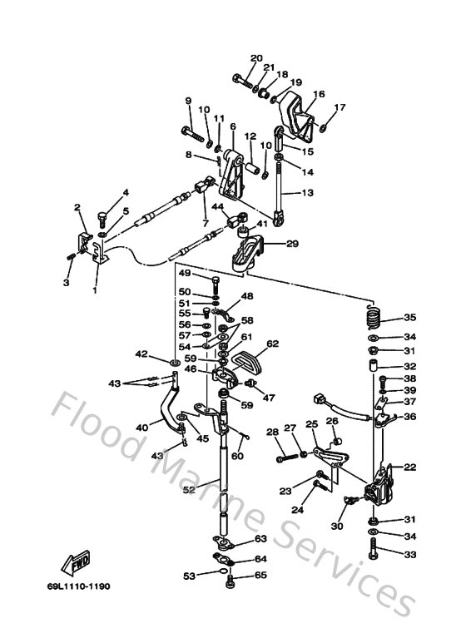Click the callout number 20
[256, 57]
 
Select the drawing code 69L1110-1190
[78, 586]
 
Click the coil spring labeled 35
[373, 318]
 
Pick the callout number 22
[409, 467]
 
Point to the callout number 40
[142, 428]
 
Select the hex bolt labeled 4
[103, 219]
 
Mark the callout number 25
[311, 424]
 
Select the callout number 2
[77, 207]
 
